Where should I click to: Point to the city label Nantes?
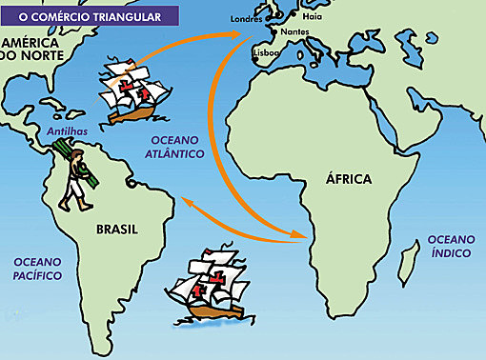point(293,32)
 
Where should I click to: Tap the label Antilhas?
point(62,130)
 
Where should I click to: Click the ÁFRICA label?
point(349,180)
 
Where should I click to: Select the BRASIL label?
point(117,230)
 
